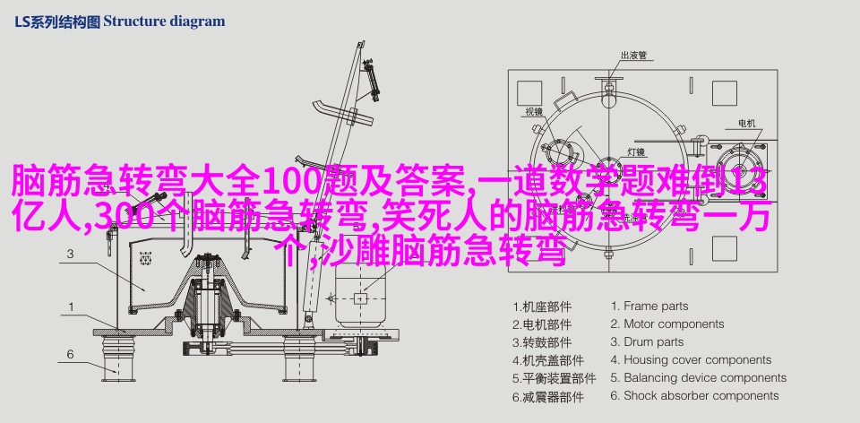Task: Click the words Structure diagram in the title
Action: (x=164, y=22)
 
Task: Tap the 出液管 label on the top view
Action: (x=633, y=55)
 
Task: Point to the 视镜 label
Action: (x=534, y=112)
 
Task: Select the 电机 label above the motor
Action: (x=746, y=124)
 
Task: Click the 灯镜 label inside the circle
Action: (x=636, y=152)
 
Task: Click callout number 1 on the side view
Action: (x=71, y=307)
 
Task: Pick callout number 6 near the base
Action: (x=70, y=354)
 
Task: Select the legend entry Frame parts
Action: (x=649, y=306)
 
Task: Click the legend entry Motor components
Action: (x=667, y=324)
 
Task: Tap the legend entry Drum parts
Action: (x=647, y=342)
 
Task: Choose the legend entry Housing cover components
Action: (x=691, y=360)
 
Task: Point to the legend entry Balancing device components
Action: (x=699, y=378)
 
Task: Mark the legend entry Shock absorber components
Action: (x=695, y=395)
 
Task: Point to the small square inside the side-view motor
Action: (x=360, y=298)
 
